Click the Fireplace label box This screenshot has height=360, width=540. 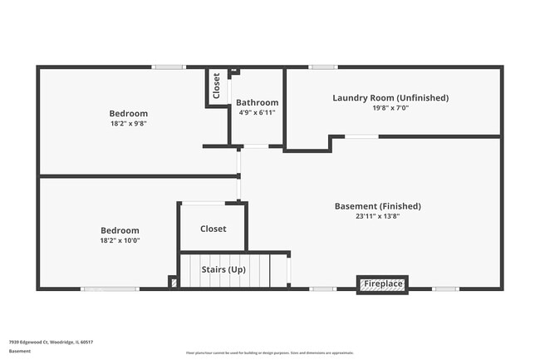tap(383, 285)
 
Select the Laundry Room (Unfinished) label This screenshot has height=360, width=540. tap(390, 97)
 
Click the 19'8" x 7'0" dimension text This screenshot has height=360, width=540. tap(390, 107)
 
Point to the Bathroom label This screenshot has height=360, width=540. tap(257, 102)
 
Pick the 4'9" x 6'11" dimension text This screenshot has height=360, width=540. tap(257, 112)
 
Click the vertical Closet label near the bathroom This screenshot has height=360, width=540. tap(217, 86)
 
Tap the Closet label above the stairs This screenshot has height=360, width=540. tap(213, 229)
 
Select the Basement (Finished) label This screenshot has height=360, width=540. tap(377, 206)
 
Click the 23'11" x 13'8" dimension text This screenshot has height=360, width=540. tap(377, 217)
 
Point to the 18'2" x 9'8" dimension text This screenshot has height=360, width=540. tap(129, 124)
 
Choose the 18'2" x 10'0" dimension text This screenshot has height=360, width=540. tap(120, 241)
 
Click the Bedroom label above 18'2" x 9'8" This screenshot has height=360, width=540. tap(129, 114)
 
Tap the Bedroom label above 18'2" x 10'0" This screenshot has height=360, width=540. tap(120, 230)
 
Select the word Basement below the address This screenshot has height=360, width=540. tap(20, 351)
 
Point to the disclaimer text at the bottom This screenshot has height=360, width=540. tap(270, 353)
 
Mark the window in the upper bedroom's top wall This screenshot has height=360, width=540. tap(169, 67)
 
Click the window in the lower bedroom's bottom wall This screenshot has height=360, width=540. tap(110, 288)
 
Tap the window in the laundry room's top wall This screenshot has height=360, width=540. tap(322, 67)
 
